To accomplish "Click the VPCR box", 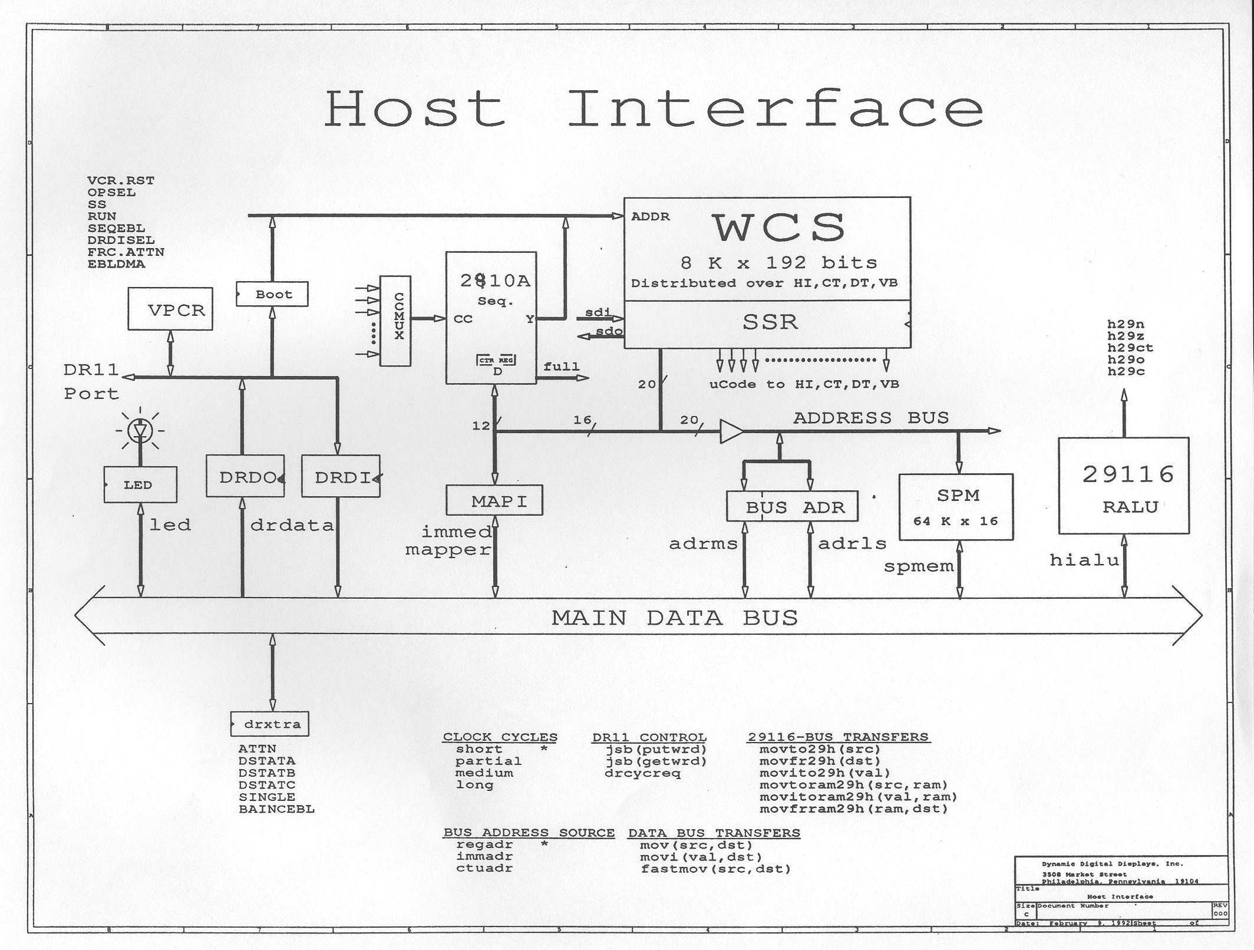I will point(170,309).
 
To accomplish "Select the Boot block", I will point(272,294).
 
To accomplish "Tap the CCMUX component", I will point(395,321).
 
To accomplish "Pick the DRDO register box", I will point(245,476).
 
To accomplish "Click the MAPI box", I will point(494,500).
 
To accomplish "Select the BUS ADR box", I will point(792,506).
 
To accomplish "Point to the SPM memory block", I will point(955,507).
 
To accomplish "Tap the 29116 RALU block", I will point(1123,486).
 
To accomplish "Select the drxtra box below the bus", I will point(269,724).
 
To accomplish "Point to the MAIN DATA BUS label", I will point(674,618).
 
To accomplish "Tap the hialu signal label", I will point(1084,560).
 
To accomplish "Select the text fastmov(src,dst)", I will point(715,869).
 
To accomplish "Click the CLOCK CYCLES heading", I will point(500,737).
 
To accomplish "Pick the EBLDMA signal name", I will point(116,264).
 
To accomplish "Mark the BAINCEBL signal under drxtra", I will point(276,809).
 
